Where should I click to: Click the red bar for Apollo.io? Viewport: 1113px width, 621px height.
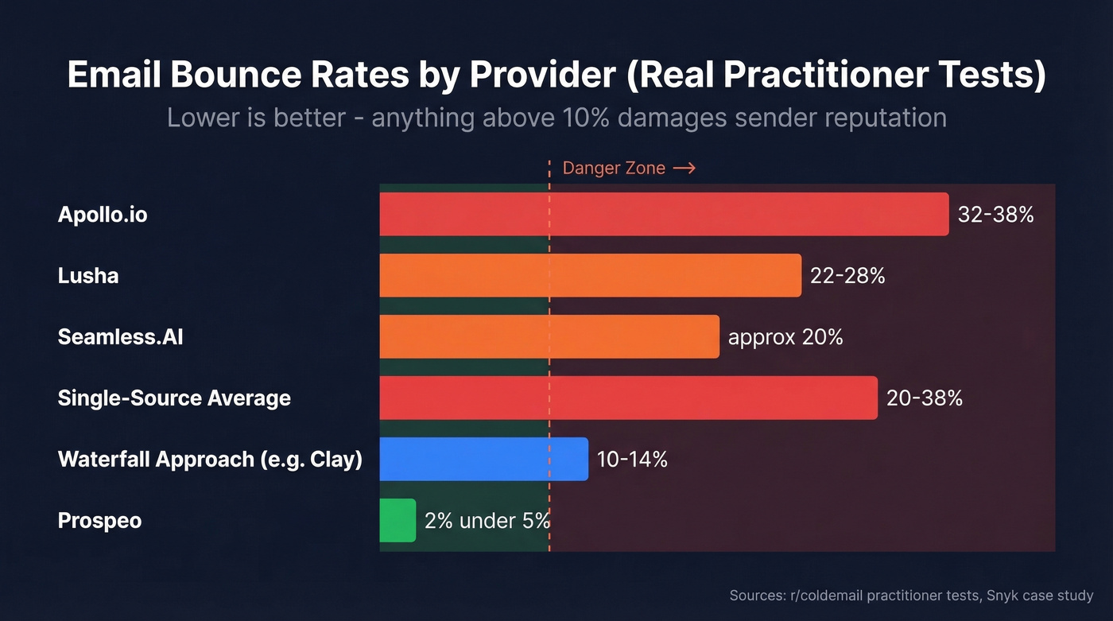click(x=664, y=214)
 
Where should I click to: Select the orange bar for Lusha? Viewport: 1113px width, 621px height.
click(x=590, y=275)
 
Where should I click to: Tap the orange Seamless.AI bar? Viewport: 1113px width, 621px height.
click(x=549, y=336)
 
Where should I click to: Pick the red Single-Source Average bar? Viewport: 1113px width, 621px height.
click(x=628, y=398)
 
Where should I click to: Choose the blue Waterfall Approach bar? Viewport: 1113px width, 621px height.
click(x=483, y=459)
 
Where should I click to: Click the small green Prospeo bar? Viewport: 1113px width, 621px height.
click(x=397, y=521)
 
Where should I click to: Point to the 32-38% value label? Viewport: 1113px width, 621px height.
click(x=995, y=215)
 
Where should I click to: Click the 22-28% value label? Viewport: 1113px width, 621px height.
click(x=847, y=276)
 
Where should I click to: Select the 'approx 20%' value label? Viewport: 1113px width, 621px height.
click(x=785, y=337)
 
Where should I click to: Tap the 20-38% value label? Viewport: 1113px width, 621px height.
click(x=925, y=398)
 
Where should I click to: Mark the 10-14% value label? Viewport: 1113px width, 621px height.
click(x=632, y=460)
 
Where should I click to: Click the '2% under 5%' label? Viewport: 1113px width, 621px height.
click(x=487, y=522)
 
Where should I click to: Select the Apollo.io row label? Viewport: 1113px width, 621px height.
click(x=103, y=215)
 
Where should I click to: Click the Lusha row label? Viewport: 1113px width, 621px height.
click(x=88, y=276)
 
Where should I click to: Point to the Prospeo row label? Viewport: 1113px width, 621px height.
click(x=99, y=522)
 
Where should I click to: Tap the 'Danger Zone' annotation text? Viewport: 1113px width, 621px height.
click(x=613, y=169)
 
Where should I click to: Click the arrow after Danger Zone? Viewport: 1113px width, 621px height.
click(x=684, y=169)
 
